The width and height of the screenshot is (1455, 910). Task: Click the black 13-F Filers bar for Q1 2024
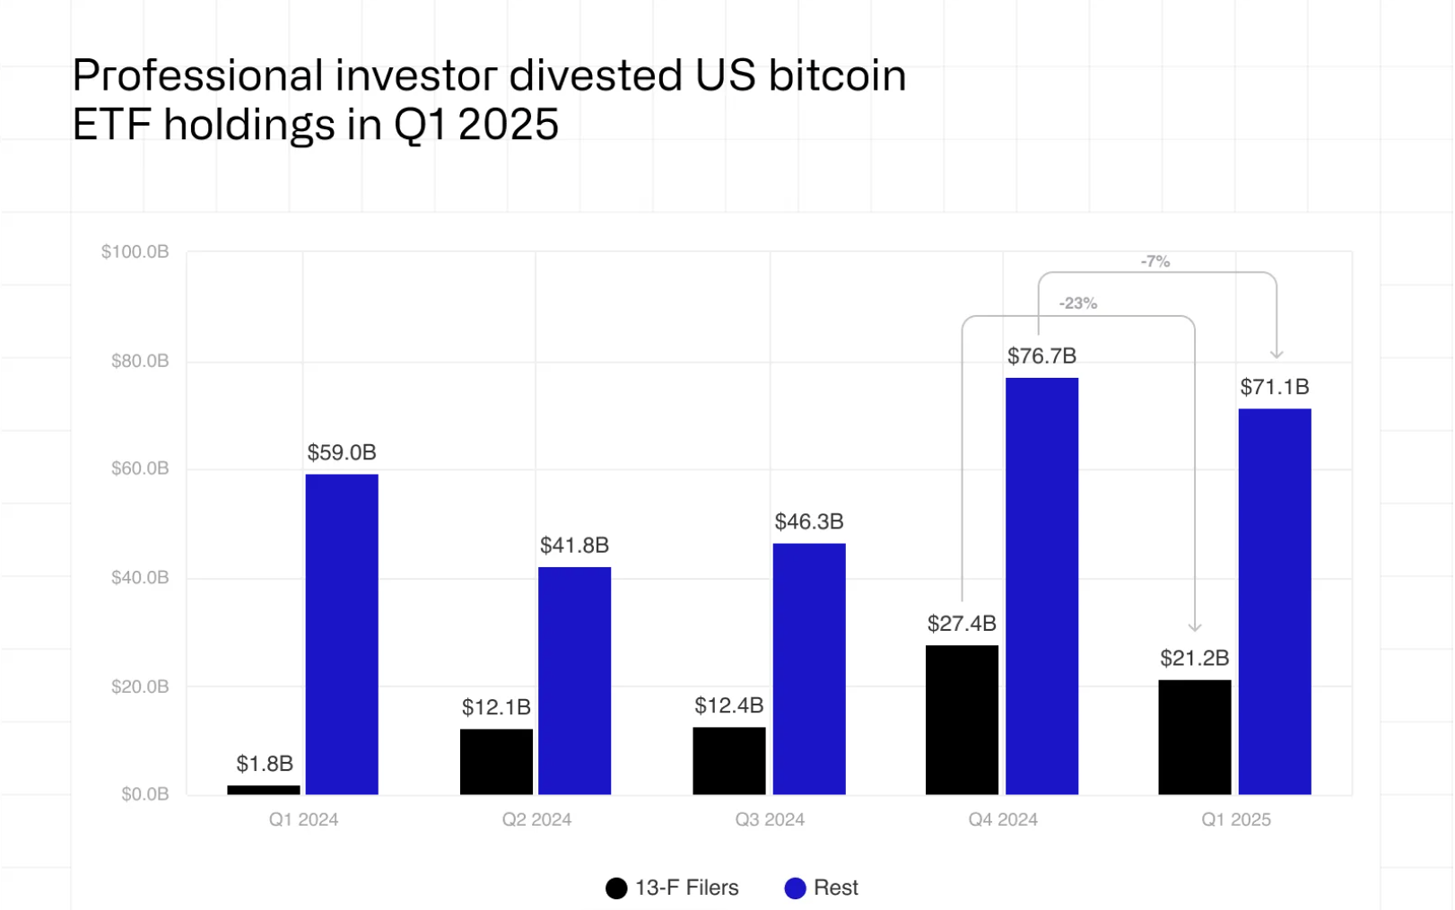tap(264, 790)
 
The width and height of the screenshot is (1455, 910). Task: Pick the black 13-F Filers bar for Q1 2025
tap(1194, 737)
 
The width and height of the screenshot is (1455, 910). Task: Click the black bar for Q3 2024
tap(729, 760)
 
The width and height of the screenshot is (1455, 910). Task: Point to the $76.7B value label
tap(1041, 356)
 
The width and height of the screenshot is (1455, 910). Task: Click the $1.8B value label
tap(265, 764)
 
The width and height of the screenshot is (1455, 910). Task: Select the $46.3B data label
tap(809, 522)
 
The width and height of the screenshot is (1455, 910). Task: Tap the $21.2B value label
tap(1194, 659)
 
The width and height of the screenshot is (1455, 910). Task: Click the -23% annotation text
tap(1077, 303)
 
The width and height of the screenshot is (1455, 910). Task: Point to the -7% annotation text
tap(1155, 262)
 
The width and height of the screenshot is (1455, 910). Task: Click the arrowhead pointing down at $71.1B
tap(1276, 354)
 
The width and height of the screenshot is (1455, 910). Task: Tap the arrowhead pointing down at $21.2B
tap(1194, 626)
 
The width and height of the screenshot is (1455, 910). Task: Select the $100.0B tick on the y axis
tap(135, 252)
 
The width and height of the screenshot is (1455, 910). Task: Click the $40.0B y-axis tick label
tap(140, 578)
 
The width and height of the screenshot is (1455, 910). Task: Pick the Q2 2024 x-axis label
tap(536, 819)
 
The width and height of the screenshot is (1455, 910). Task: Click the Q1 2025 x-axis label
tap(1236, 819)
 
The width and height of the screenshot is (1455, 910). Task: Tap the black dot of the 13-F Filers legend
tap(616, 888)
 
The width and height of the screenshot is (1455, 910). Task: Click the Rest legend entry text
tap(835, 888)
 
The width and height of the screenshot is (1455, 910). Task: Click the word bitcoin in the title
tap(837, 76)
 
